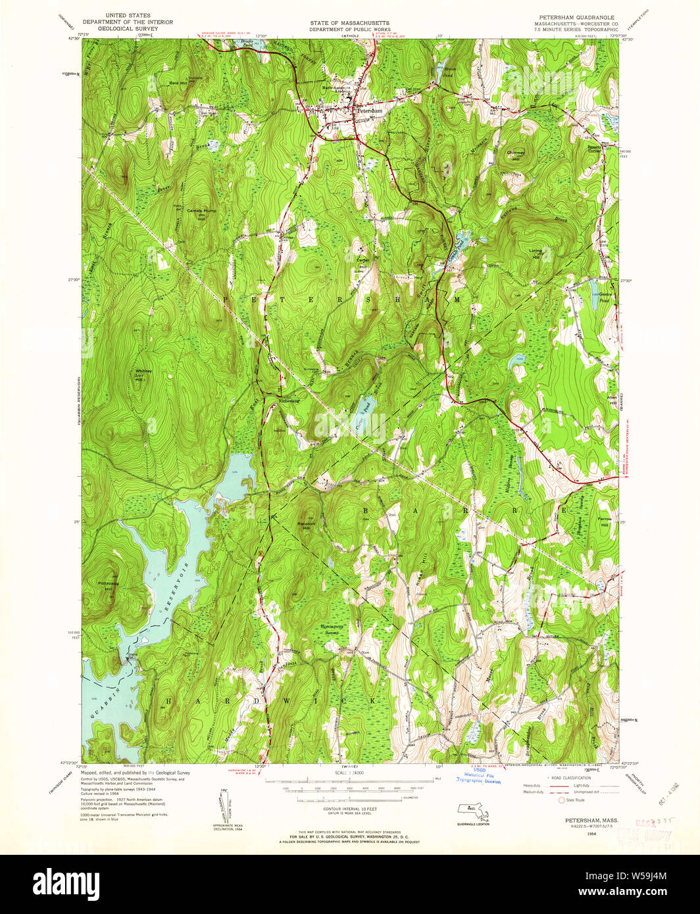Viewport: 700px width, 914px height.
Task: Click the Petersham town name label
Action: pos(370,111)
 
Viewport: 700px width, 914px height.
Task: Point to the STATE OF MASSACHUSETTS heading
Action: pos(349,23)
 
